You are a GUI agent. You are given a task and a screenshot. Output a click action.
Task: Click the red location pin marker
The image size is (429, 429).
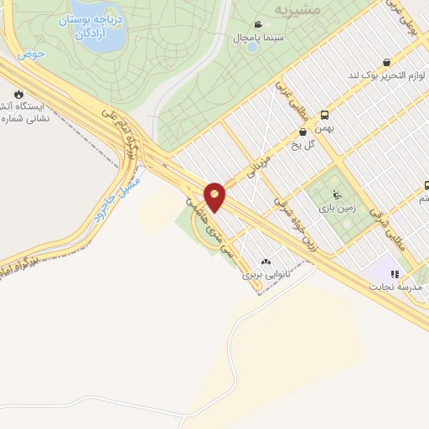[x=215, y=196]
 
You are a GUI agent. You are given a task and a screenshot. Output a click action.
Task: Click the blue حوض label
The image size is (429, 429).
[x=32, y=54]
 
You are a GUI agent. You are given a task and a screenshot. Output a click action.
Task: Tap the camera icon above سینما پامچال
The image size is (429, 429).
[x=259, y=25]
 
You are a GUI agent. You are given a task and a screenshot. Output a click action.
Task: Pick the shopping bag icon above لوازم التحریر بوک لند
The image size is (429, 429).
[x=385, y=61]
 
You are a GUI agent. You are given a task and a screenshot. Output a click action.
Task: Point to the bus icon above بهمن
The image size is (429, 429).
[x=324, y=116]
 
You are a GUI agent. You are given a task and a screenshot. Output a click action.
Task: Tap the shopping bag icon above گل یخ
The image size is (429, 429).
[x=303, y=132]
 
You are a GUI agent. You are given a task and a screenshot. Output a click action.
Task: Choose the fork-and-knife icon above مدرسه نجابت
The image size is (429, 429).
[x=395, y=273]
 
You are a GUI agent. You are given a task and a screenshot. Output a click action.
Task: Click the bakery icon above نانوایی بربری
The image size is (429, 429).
[x=266, y=261]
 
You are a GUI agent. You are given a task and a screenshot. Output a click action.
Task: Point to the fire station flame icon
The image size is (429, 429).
[x=18, y=94]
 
